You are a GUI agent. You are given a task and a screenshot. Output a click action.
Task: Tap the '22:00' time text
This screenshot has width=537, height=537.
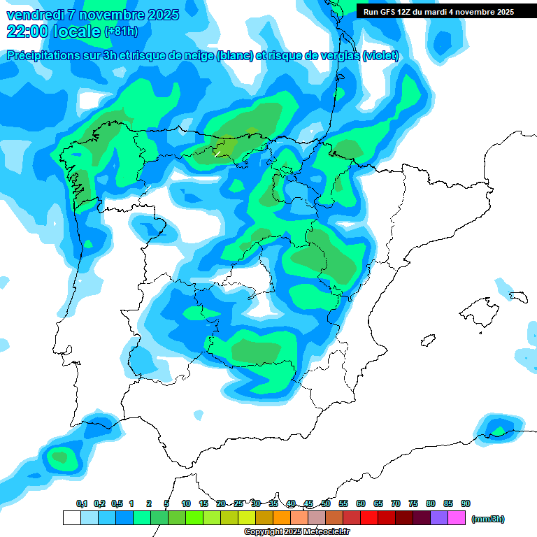27,31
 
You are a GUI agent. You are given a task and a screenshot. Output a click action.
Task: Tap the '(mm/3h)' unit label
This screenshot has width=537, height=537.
487,519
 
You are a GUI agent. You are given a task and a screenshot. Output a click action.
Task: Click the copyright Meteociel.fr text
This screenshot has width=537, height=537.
286,532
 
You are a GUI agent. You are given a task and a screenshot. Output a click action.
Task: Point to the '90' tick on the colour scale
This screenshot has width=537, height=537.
466,503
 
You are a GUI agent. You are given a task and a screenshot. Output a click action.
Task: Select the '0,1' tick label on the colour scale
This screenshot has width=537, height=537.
81,503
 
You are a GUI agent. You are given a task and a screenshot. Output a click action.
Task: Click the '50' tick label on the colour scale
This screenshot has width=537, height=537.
326,503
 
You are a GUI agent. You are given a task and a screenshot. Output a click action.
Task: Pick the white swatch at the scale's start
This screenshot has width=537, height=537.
71,518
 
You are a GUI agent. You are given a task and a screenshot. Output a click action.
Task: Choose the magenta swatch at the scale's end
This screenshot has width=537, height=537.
457,518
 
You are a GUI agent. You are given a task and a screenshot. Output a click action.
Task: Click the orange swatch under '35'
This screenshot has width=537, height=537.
282,518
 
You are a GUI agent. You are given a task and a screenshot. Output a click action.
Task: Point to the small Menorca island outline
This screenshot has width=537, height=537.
518,296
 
